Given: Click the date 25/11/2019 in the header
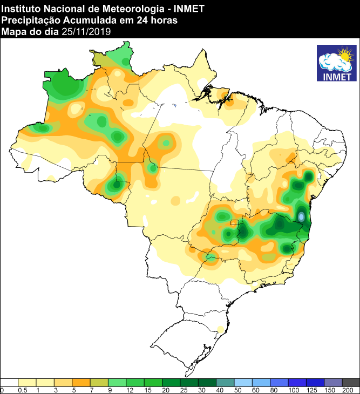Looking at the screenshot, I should click(x=86, y=32).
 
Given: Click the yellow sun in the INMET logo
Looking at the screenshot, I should click(x=343, y=54).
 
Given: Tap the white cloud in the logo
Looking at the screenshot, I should click(x=331, y=63).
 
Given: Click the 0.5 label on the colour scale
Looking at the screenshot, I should click(x=22, y=390).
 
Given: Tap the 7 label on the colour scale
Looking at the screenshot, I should click(x=91, y=390).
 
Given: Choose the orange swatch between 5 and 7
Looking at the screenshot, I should click(x=81, y=382).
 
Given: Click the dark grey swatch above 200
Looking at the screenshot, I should click(x=351, y=382).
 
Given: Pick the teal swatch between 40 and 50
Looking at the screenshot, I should click(x=225, y=382).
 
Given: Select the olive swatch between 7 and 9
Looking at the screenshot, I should click(x=99, y=382).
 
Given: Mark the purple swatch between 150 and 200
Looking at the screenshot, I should click(x=333, y=382).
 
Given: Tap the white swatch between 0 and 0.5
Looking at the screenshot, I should click(x=9, y=382).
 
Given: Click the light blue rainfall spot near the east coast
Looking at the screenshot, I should click(x=302, y=216).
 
